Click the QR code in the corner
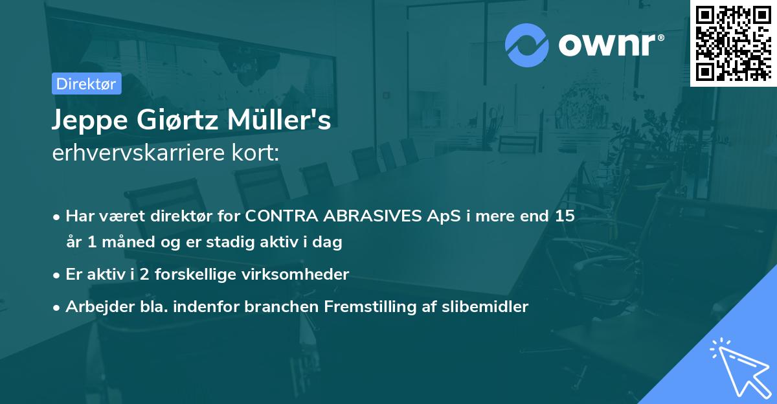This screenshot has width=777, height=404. tap(733, 43)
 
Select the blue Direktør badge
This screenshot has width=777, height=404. tap(86, 84)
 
